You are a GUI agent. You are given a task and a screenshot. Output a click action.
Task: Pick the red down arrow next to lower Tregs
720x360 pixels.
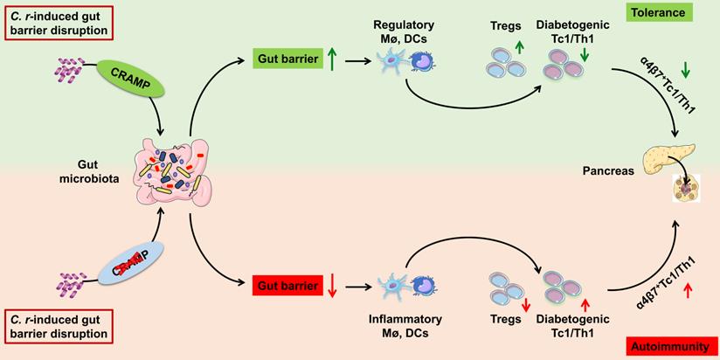point(526,304)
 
